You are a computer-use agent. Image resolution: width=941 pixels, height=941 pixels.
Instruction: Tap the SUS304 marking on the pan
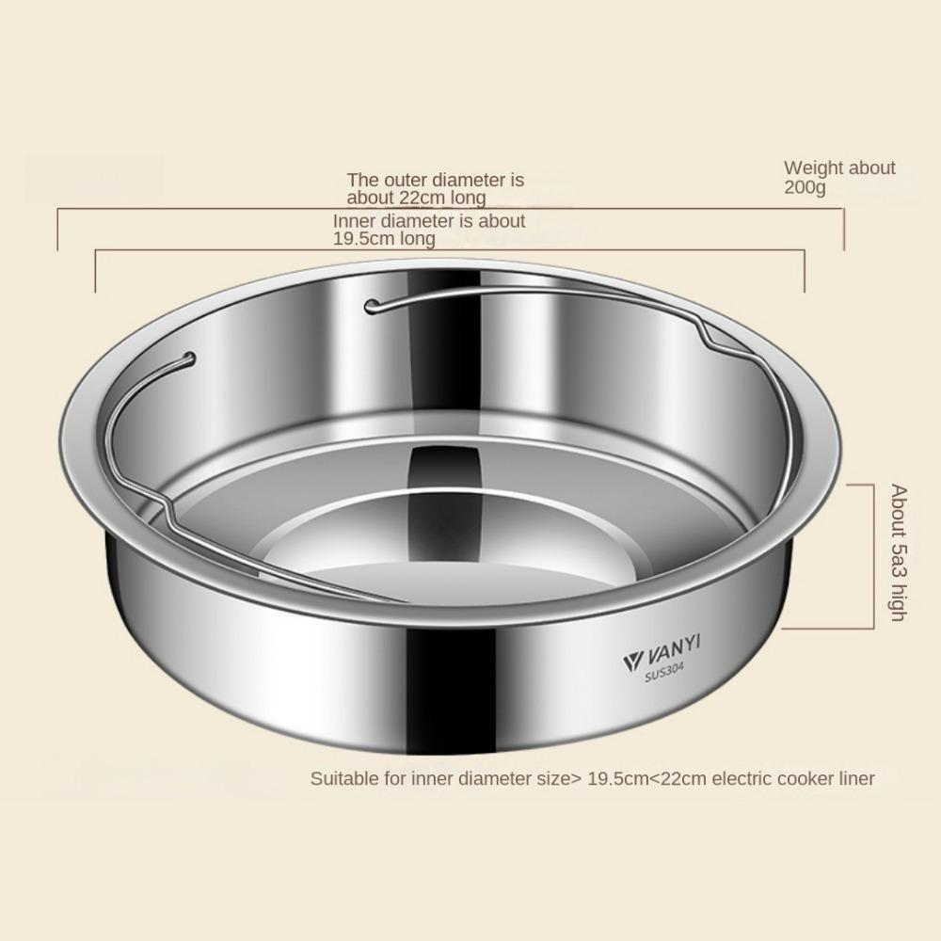click(663, 674)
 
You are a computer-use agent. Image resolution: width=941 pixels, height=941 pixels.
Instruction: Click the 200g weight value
click(805, 187)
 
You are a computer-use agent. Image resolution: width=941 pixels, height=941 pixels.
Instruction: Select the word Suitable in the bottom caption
click(343, 778)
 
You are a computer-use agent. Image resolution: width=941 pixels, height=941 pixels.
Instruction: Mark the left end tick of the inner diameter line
click(96, 271)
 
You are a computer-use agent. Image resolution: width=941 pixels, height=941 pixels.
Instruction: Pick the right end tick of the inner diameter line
click(805, 271)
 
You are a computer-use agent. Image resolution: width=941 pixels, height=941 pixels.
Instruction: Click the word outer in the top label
click(400, 180)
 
